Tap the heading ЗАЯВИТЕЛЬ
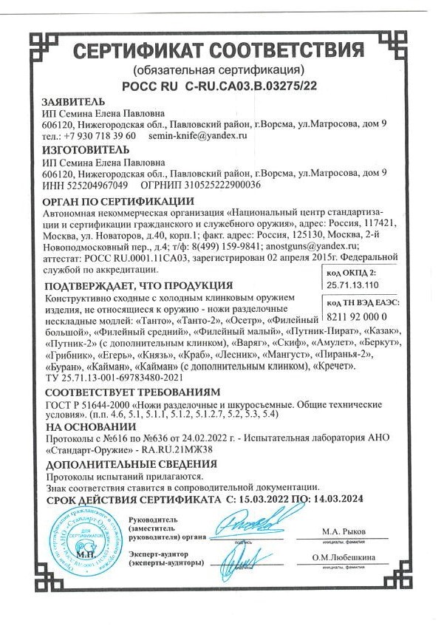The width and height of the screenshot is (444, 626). (x=74, y=102)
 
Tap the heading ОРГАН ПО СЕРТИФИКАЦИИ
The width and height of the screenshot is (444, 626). (x=118, y=201)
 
